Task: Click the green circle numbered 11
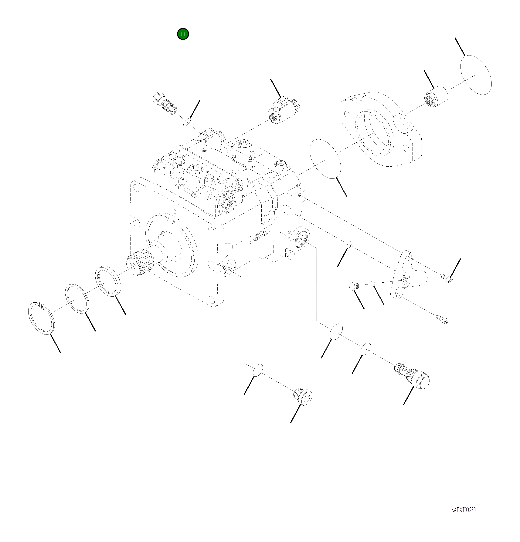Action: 182,34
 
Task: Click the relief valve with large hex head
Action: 414,376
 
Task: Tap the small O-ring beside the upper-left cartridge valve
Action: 187,122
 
